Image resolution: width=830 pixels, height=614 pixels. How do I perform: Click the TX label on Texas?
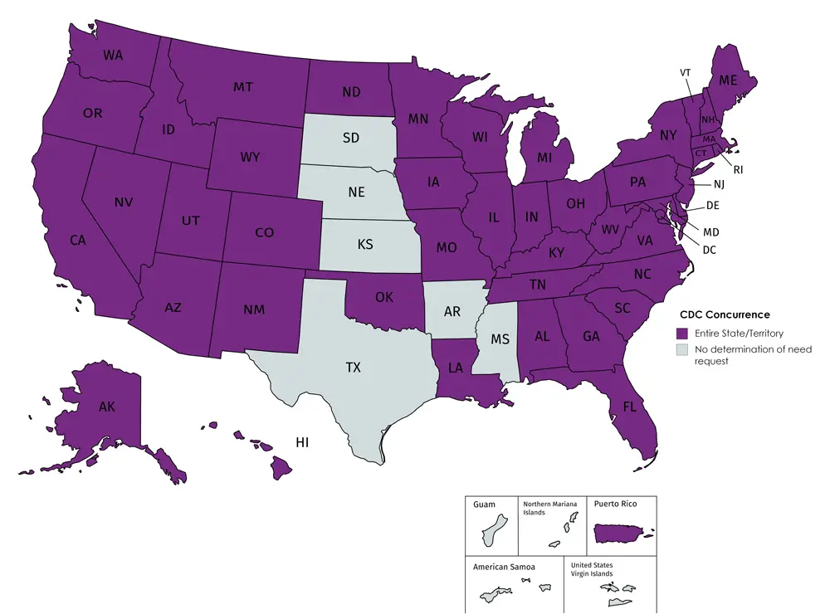[x=354, y=367]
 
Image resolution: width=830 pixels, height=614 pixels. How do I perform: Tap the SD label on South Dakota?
[x=351, y=138]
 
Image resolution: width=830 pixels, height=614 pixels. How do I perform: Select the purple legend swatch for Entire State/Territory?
[x=683, y=333]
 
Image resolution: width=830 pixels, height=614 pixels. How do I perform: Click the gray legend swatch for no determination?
[x=683, y=350]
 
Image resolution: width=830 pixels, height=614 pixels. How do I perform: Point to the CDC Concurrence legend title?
[x=725, y=315]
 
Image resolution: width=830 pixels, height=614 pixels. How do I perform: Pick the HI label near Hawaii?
[x=302, y=443]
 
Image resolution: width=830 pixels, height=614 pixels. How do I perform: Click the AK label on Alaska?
[x=107, y=407]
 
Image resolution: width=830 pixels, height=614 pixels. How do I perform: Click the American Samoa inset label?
[x=504, y=567]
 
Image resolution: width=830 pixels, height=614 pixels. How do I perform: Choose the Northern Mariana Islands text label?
[x=546, y=508]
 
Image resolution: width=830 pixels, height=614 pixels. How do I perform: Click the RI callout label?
[x=738, y=171]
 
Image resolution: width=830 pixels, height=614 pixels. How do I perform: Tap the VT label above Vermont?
[x=686, y=73]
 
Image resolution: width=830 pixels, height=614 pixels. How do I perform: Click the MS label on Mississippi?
[x=499, y=341]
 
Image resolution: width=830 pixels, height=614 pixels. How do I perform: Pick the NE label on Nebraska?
[x=357, y=192]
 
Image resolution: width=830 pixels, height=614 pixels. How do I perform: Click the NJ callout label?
[x=719, y=184]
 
